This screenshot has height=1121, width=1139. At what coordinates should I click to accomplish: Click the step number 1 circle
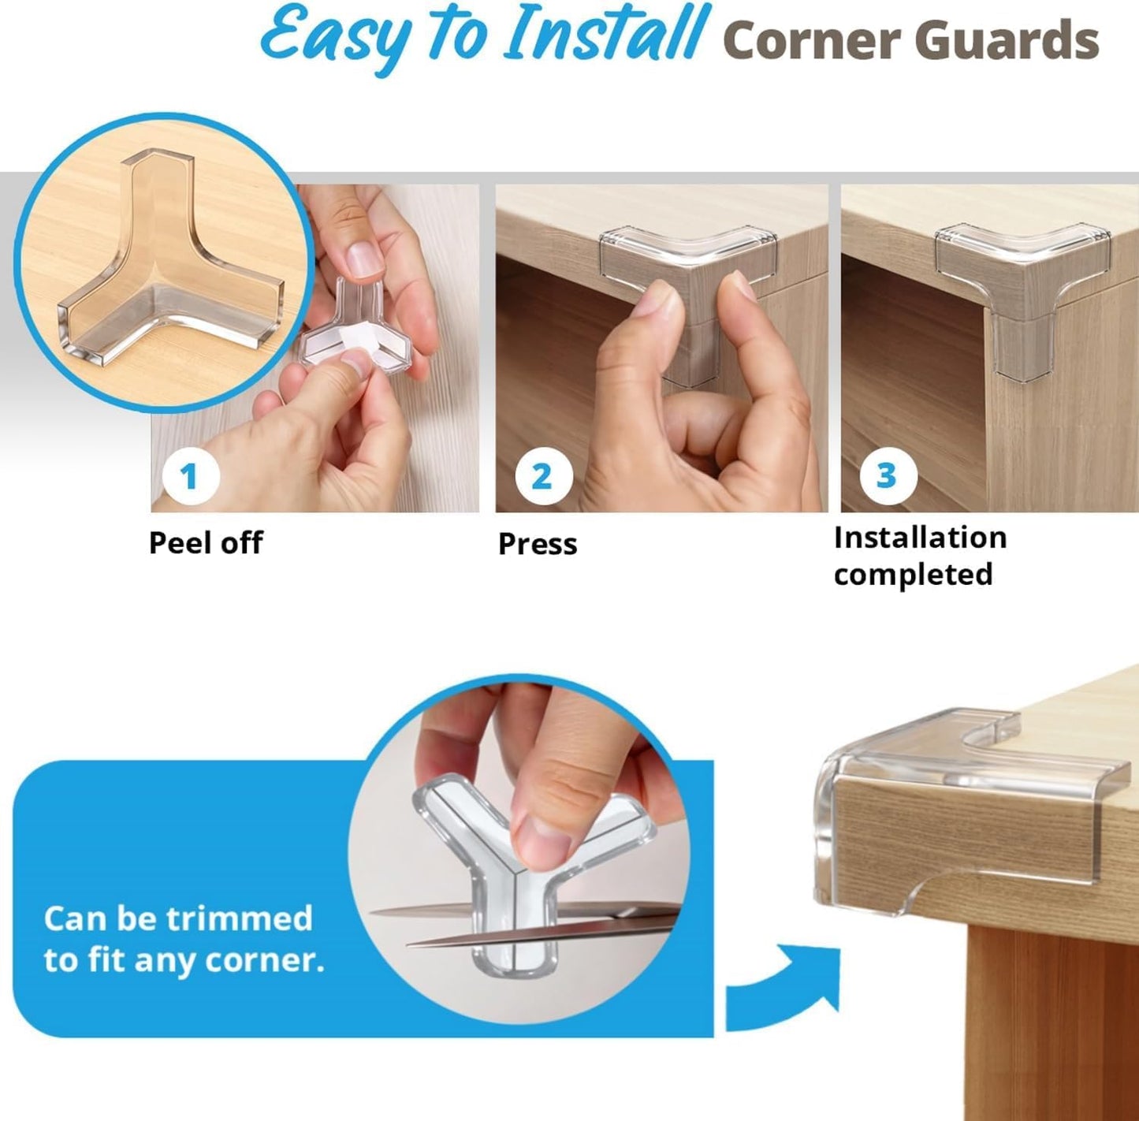[189, 476]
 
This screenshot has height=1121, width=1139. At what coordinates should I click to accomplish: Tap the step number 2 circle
[542, 476]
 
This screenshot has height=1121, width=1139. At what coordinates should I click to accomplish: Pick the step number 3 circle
[887, 475]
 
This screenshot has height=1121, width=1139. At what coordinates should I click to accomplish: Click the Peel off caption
[206, 543]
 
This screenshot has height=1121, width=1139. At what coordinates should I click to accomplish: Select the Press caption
[538, 544]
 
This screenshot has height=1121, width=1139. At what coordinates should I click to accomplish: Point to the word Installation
[920, 538]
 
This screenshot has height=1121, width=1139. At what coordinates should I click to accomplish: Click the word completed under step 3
[913, 575]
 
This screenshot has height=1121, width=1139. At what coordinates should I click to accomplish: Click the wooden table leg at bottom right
[1048, 1025]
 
